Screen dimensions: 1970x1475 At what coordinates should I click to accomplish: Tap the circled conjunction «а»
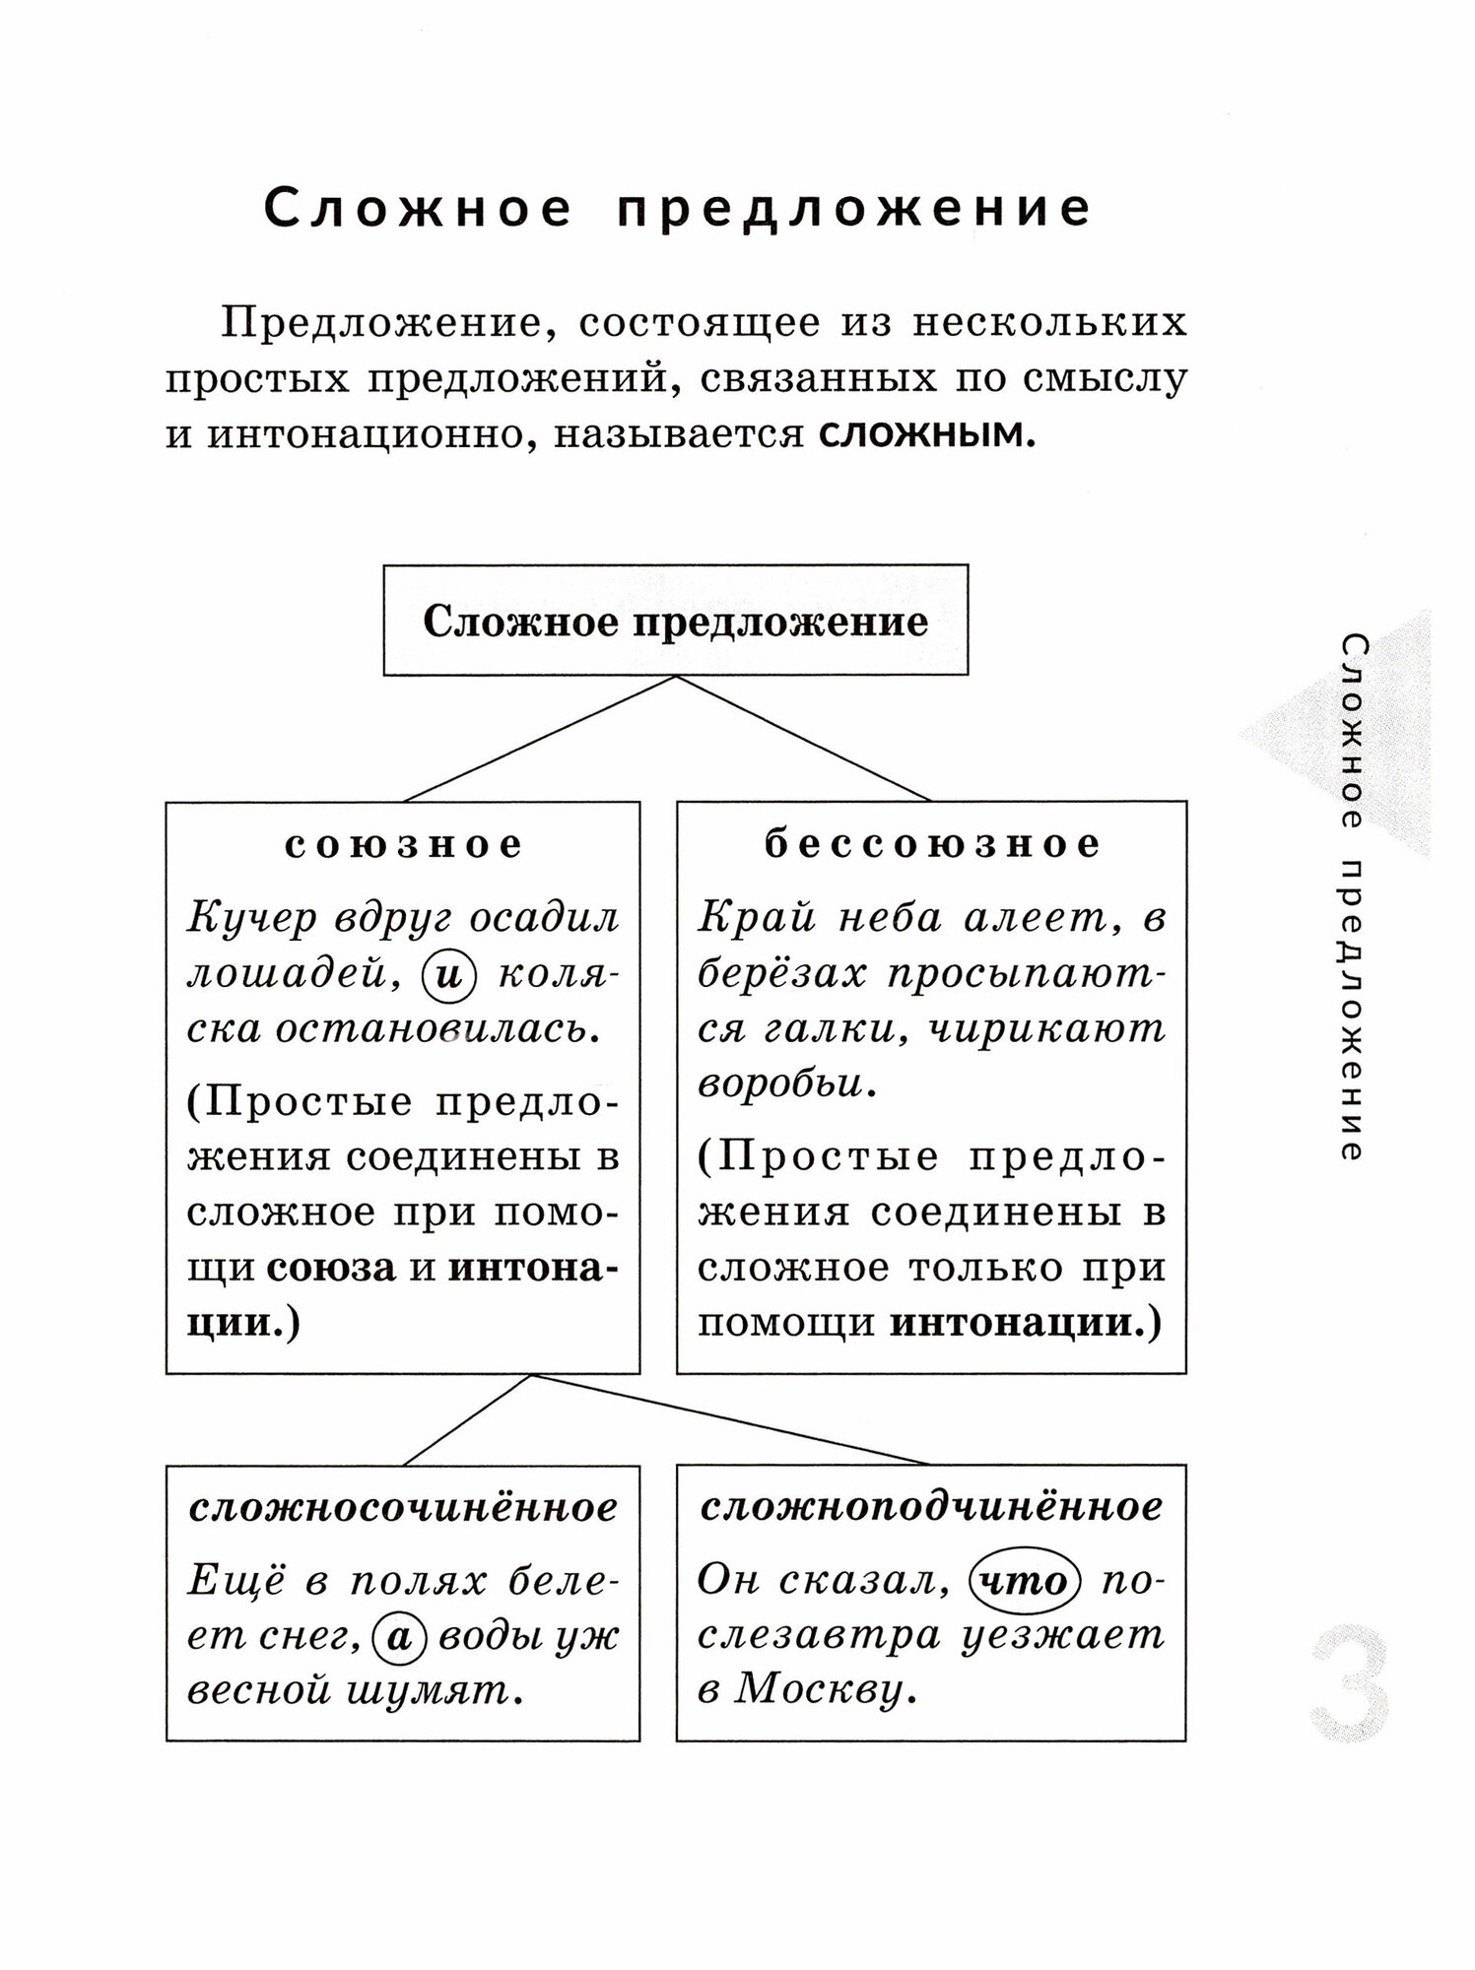point(399,1636)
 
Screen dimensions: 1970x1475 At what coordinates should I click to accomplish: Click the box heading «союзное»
point(403,844)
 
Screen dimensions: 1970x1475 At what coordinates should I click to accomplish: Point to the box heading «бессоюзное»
point(932,844)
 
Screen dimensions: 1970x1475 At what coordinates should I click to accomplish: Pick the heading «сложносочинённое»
point(403,1507)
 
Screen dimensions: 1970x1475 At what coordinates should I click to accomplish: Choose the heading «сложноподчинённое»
point(932,1507)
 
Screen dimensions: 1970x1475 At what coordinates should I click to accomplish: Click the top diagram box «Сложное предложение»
point(676,622)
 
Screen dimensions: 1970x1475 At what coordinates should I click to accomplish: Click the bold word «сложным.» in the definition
point(927,434)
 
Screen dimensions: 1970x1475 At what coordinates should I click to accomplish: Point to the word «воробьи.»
point(787,1084)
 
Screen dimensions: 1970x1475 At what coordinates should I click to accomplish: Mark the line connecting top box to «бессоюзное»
point(803,738)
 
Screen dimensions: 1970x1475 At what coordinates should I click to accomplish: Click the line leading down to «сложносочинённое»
point(468,1419)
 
